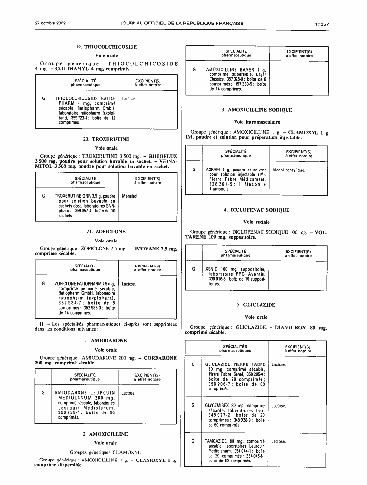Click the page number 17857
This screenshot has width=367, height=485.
[322, 24]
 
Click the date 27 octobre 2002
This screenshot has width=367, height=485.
[50, 23]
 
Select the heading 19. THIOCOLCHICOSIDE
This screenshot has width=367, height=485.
[106, 47]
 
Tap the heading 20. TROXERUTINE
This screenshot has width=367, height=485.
[106, 139]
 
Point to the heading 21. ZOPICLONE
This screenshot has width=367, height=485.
[106, 231]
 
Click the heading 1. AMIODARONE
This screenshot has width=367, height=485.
[105, 340]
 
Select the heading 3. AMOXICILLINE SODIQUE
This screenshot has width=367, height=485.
[257, 110]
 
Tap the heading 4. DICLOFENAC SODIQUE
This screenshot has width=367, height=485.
[257, 210]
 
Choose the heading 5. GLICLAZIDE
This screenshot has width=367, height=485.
[256, 305]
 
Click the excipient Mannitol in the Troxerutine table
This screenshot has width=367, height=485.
[130, 196]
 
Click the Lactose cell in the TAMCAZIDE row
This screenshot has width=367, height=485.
[278, 442]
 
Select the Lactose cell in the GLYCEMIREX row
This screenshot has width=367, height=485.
[278, 406]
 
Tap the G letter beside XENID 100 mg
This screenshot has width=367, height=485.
[194, 269]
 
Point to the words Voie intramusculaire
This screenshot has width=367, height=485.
[257, 122]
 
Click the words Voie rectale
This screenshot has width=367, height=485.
[257, 222]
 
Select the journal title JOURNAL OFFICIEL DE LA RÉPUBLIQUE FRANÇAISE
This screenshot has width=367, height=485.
[182, 23]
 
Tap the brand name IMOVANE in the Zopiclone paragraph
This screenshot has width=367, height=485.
[147, 248]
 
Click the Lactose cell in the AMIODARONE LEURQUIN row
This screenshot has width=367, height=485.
[129, 393]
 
